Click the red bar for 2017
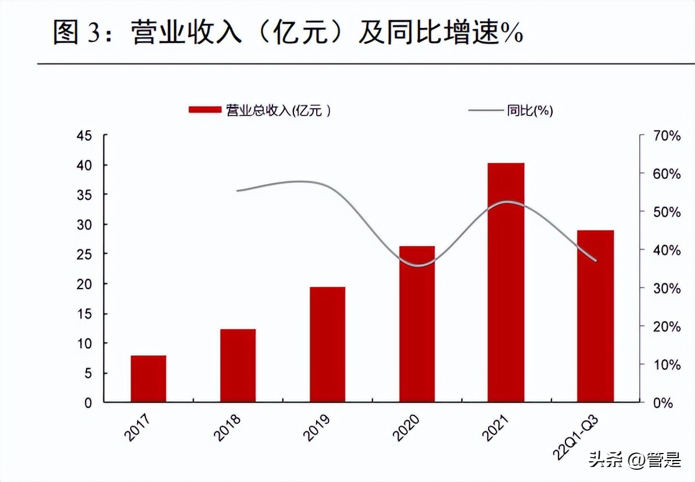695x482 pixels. pos(148,379)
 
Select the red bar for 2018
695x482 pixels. pos(238,366)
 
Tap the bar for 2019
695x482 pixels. pos(327,344)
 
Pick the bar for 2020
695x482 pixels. pos(417,324)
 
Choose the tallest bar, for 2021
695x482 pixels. pos(506,283)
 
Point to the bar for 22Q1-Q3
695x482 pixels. pos(595,316)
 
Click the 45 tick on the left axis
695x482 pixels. pos(85,136)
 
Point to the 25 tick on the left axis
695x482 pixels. pos(85,254)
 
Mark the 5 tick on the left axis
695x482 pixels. pos(88,373)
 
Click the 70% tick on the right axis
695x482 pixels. pos(666,136)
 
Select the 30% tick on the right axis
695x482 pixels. pos(666,289)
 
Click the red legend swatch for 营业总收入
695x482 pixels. pos(205,109)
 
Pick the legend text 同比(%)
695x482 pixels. pos(529,110)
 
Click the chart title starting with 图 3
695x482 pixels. pos(288,33)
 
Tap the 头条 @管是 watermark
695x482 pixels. pos(635,461)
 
